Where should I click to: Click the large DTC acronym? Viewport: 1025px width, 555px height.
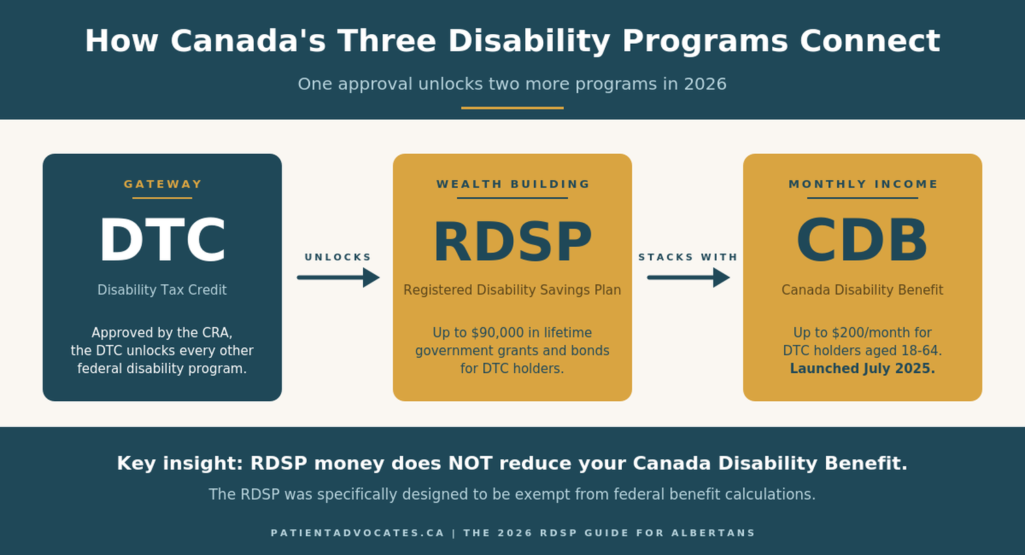pos(162,241)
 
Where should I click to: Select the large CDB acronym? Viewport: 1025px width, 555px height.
pos(862,241)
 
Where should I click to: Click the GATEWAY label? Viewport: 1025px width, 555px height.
pos(163,184)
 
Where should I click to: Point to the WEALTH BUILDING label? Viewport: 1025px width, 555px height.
pos(512,184)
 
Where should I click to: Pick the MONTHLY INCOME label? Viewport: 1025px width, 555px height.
pos(863,184)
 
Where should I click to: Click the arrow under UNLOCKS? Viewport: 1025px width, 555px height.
pos(338,277)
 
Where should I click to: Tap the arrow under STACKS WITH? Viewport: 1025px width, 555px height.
pos(688,277)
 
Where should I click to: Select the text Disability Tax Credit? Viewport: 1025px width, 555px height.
pos(162,290)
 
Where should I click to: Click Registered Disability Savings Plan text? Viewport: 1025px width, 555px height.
pos(512,290)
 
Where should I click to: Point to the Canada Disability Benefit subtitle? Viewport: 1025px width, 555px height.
pos(862,290)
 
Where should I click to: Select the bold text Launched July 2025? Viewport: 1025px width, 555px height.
pos(862,368)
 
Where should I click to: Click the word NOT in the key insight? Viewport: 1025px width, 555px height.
pos(469,463)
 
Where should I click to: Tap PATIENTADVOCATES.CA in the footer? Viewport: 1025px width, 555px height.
pos(357,533)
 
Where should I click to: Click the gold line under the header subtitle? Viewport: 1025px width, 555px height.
pos(512,108)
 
